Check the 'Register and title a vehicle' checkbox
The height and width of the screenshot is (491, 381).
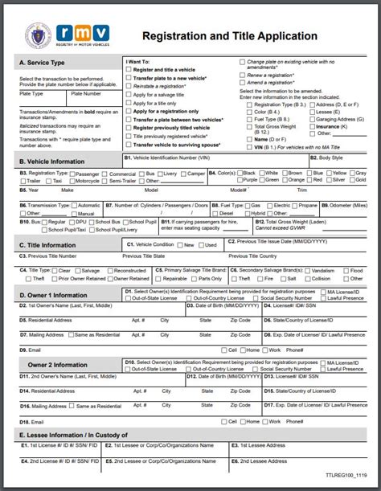(129, 69)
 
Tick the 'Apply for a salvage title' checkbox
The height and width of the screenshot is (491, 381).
(129, 95)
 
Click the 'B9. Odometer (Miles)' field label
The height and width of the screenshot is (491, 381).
(346, 206)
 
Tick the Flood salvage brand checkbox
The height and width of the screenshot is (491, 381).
(346, 271)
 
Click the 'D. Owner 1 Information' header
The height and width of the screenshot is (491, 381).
(53, 295)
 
